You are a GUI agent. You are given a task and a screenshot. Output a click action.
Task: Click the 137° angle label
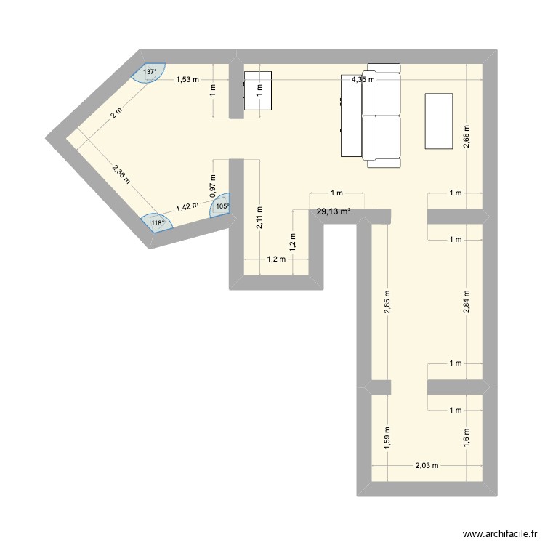pyautogui.click(x=150, y=72)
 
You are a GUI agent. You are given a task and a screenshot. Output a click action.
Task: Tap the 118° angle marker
pyautogui.click(x=158, y=222)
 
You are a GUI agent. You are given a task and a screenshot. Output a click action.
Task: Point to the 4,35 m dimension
pyautogui.click(x=363, y=80)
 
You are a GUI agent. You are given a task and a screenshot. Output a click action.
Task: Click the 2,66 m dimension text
pyautogui.click(x=467, y=136)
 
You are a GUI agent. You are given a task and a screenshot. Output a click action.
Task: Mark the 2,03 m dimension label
pyautogui.click(x=427, y=466)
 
